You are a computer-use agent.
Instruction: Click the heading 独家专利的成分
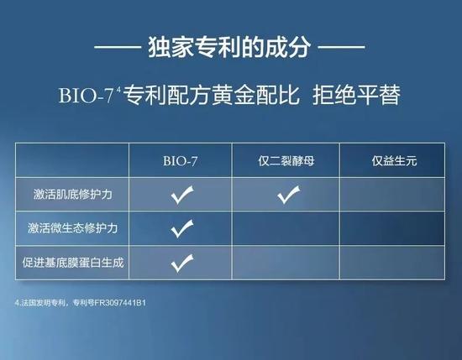(229, 47)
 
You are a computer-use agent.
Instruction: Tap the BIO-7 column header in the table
(180, 161)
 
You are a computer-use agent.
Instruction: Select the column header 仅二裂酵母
(286, 161)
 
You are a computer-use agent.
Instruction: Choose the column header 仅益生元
(394, 161)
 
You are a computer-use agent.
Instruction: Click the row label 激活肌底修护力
(72, 195)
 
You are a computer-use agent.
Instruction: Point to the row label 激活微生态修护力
(72, 228)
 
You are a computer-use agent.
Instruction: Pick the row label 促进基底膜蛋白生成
(72, 263)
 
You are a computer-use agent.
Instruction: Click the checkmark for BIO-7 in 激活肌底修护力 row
(181, 195)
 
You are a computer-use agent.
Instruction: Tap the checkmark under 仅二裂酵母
(288, 195)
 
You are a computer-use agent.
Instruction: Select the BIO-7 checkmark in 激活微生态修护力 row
(181, 228)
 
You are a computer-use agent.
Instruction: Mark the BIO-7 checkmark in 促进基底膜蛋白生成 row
(181, 263)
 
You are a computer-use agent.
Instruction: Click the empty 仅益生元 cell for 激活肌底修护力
(392, 195)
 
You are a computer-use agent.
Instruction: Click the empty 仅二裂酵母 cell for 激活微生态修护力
(286, 228)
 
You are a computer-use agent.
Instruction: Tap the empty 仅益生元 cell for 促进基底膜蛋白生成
(392, 263)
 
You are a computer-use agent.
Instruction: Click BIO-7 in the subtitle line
(86, 95)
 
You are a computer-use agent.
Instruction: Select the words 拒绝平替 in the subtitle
(356, 95)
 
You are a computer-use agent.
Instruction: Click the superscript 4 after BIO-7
(118, 90)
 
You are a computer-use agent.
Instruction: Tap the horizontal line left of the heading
(118, 47)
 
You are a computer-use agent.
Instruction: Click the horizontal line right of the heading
(342, 47)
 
